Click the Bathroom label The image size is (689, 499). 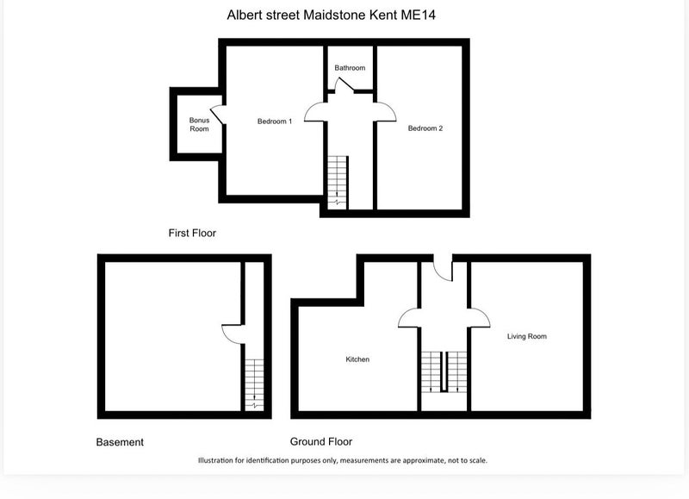click(350, 68)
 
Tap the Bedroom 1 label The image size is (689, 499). click(275, 122)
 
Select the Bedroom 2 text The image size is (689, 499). click(425, 128)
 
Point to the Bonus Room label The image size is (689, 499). click(199, 124)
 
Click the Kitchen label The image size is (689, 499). click(357, 359)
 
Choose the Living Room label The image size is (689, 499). click(527, 336)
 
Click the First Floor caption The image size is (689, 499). click(192, 233)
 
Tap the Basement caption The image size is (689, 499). click(120, 442)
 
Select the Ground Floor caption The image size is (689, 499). click(320, 441)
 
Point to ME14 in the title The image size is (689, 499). click(418, 15)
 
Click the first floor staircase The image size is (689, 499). click(338, 183)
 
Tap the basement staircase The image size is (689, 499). click(254, 385)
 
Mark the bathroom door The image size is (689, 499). click(344, 84)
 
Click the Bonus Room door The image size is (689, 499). click(217, 115)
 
